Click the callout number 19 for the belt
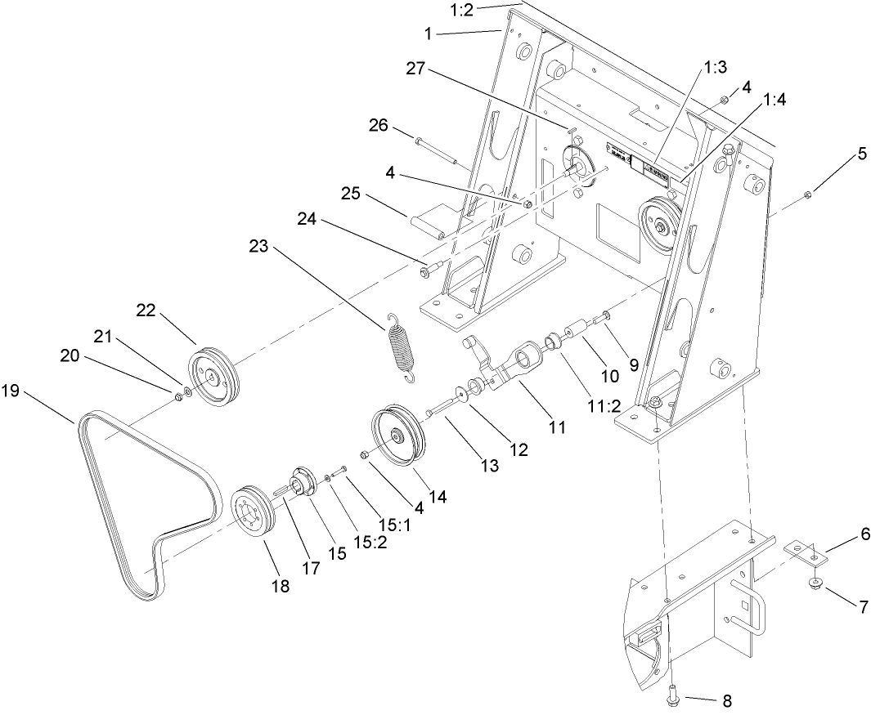[10, 391]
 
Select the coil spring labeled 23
[402, 346]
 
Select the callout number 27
[417, 69]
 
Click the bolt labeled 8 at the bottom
[671, 692]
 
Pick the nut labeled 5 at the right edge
[807, 194]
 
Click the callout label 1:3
[716, 69]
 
